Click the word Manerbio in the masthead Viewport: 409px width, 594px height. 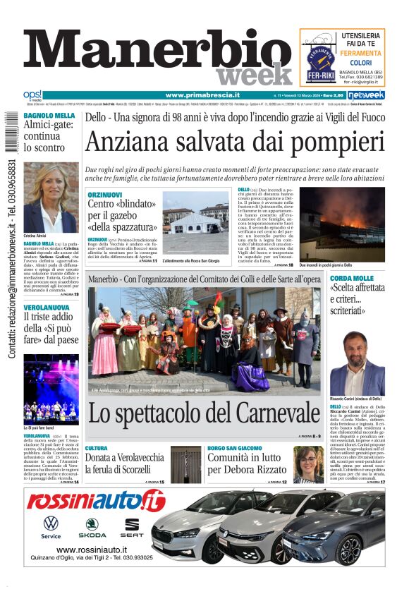tap(155, 51)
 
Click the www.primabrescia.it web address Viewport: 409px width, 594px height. tap(202, 95)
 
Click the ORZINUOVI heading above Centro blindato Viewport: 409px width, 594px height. tap(107, 193)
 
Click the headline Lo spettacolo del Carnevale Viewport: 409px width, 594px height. tap(204, 413)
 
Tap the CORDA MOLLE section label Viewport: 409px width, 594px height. tap(353, 278)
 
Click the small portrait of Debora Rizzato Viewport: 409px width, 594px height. tap(308, 465)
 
